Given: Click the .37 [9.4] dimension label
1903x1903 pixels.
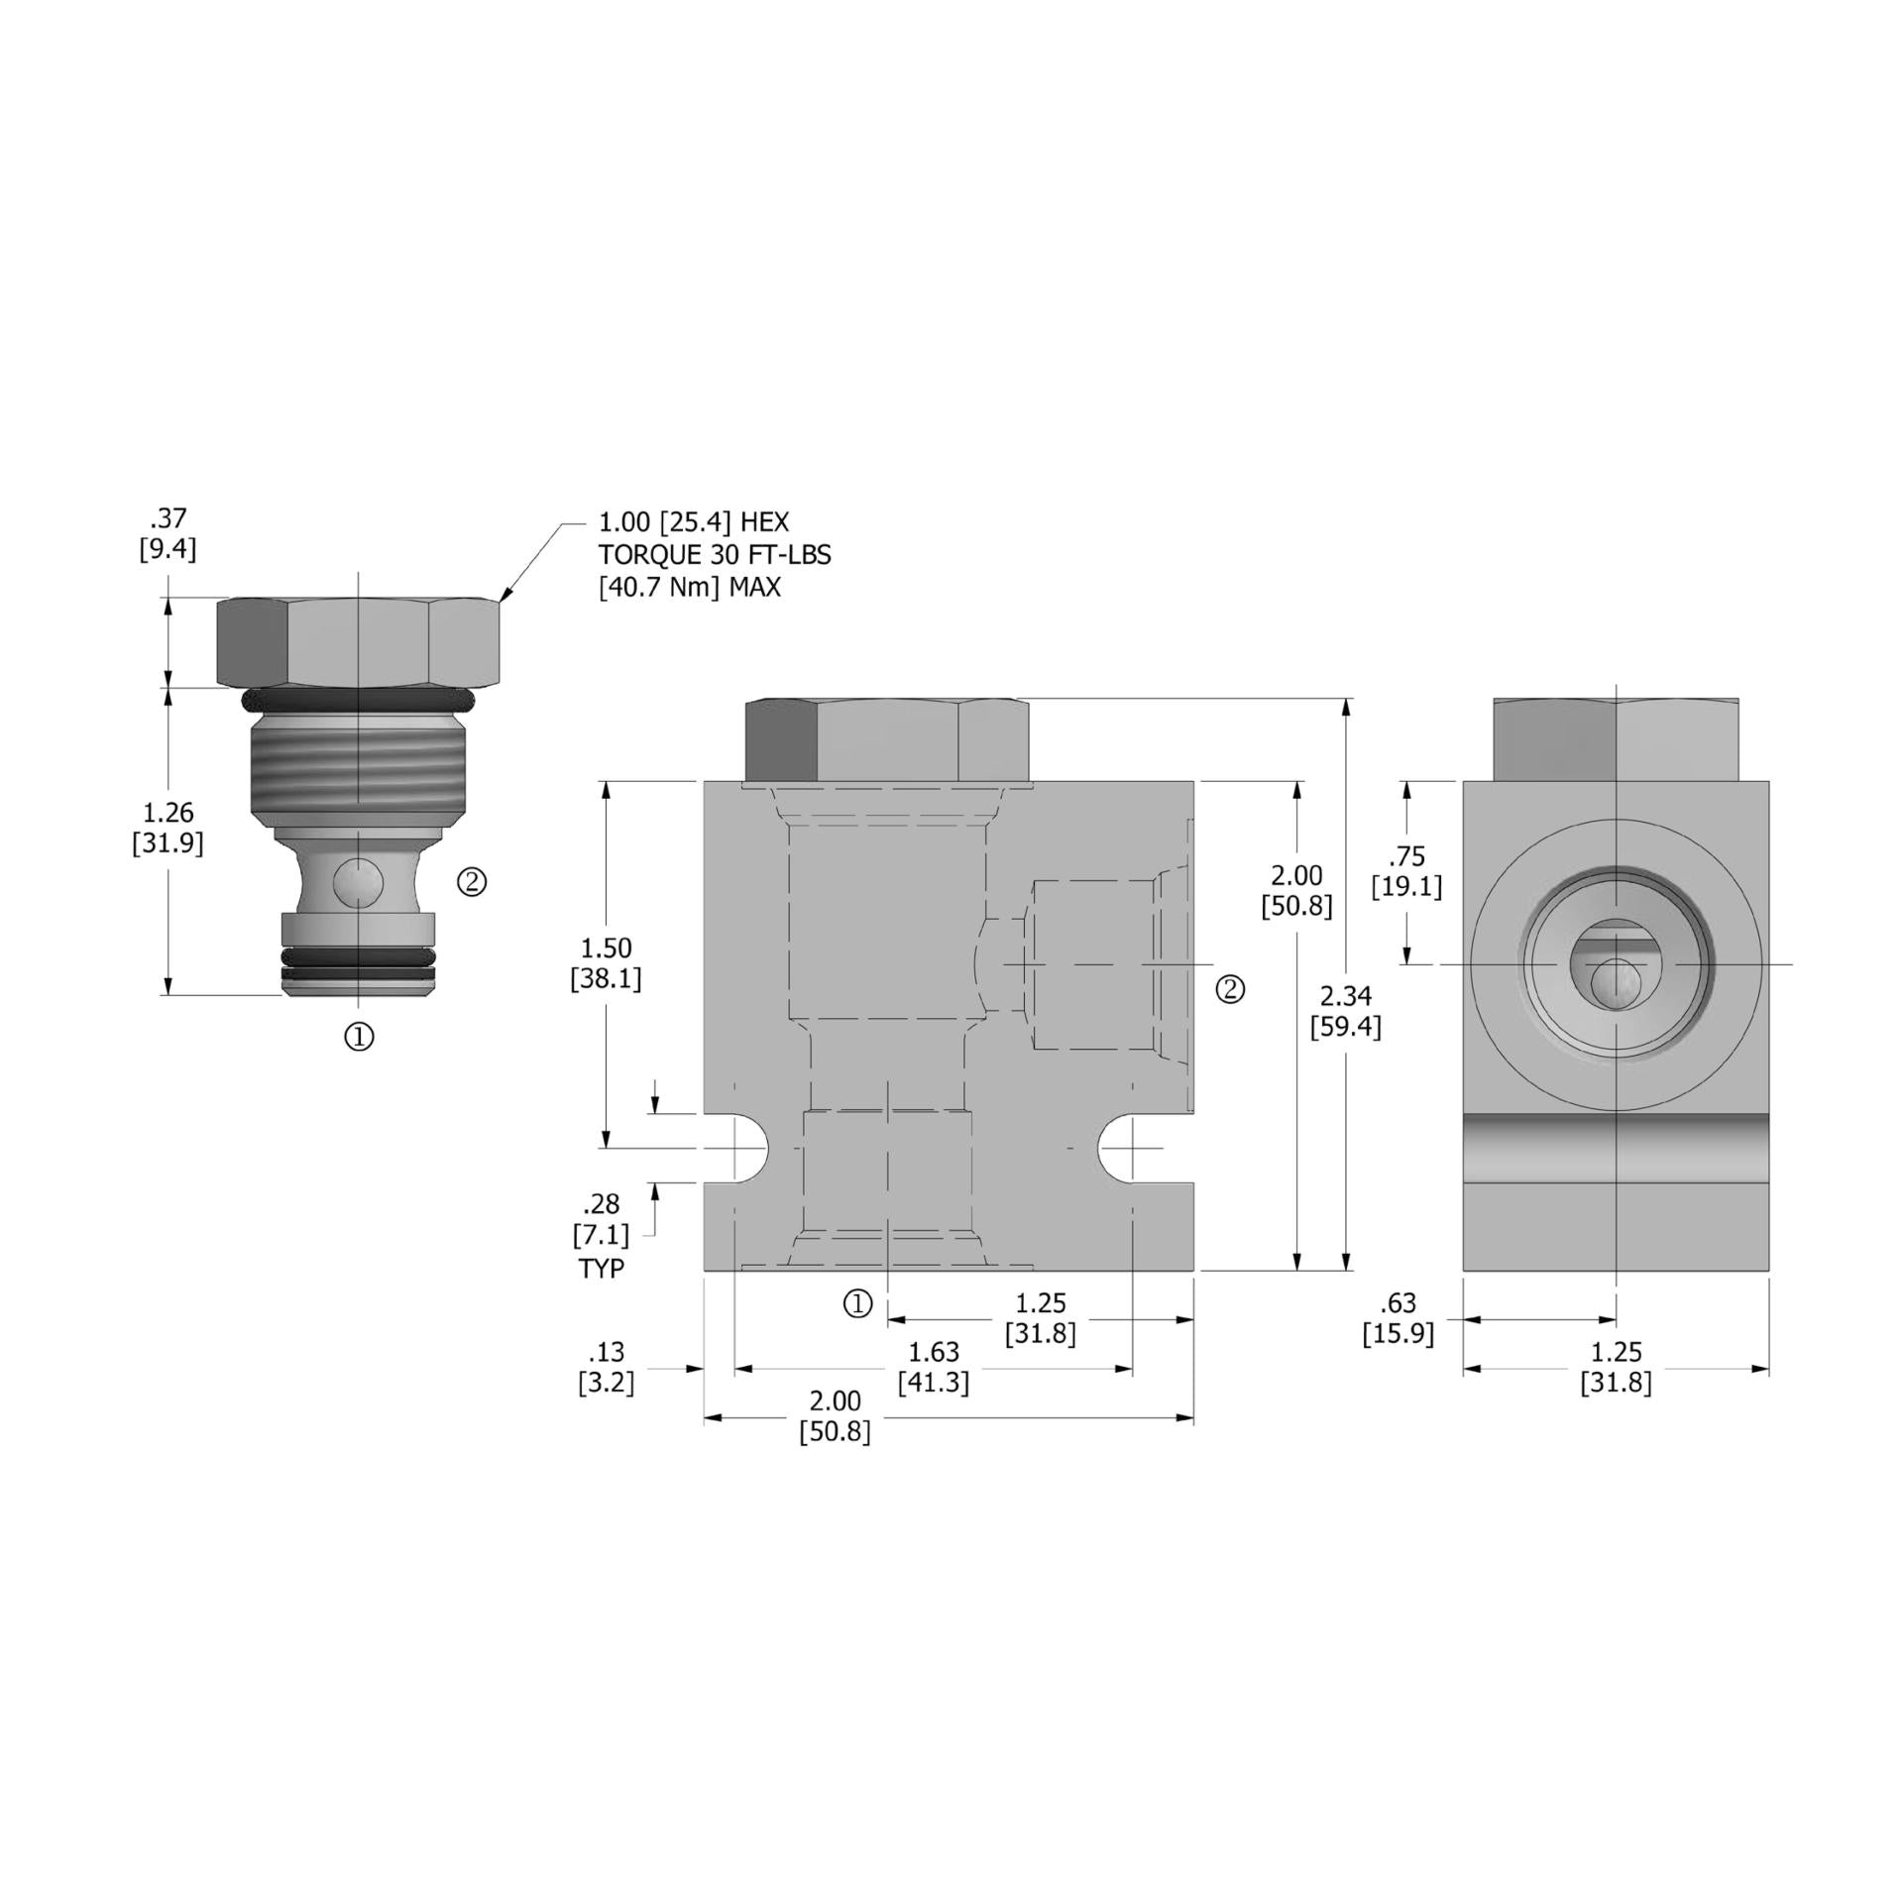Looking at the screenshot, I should point(168,534).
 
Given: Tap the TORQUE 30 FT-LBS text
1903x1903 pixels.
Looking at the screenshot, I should point(714,554).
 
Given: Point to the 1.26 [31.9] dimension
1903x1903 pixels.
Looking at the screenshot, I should point(168,828).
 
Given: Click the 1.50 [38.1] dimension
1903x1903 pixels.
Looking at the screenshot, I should point(606,963).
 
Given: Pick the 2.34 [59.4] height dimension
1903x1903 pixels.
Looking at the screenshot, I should point(1345,1012).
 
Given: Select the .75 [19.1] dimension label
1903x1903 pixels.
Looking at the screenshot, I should point(1406,871).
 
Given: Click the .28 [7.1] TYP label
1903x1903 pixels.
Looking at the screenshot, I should point(602,1235).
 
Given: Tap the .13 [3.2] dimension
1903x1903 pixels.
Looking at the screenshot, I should point(606,1367).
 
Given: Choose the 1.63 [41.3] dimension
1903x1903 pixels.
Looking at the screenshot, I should point(933,1367).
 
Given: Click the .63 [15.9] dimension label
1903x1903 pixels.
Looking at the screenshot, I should point(1398,1317).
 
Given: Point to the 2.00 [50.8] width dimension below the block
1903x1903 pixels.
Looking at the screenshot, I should point(835,1415).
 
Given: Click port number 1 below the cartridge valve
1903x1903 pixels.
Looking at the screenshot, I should point(359,1037).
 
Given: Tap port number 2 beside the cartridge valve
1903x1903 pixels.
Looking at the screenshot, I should point(472,881).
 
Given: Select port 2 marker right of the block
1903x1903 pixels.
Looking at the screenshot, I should point(1230,989).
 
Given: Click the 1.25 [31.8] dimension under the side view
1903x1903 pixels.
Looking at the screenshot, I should point(1616,1367).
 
